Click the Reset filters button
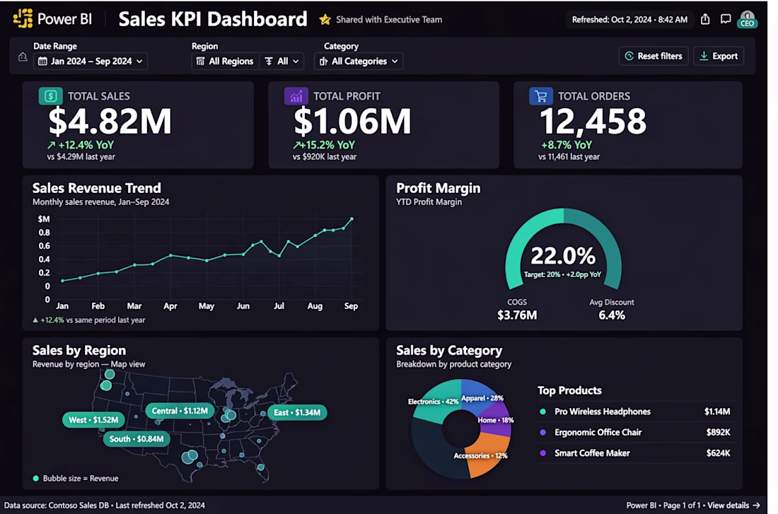tap(654, 56)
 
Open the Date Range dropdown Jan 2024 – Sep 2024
tap(91, 61)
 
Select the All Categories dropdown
tap(359, 61)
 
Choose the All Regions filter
tap(225, 61)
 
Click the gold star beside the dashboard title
tap(325, 19)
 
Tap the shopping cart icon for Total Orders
tap(541, 95)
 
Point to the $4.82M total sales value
tap(110, 121)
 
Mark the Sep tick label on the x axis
tap(352, 306)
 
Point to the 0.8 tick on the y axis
tap(44, 232)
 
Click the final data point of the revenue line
tap(352, 218)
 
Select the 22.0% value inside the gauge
tap(563, 256)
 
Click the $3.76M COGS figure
tap(517, 315)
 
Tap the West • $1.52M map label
tap(93, 420)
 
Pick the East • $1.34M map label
tap(297, 412)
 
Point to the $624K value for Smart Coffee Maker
tap(718, 453)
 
